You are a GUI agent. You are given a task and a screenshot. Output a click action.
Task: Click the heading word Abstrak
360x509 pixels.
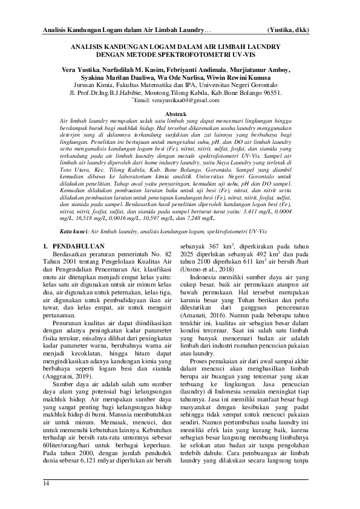(180, 113)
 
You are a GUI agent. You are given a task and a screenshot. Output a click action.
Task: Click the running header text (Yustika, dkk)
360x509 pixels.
(292, 30)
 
